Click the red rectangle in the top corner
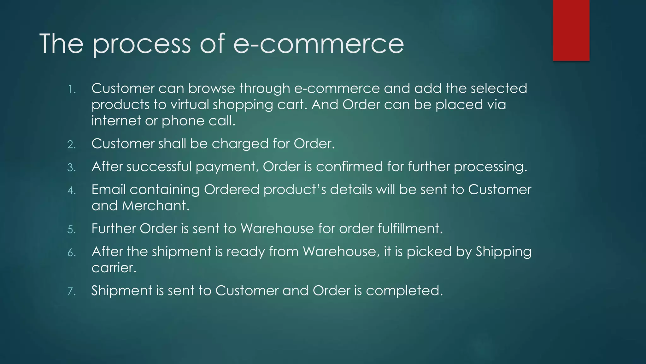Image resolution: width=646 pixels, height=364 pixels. [x=571, y=30]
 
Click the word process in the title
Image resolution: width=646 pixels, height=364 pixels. [x=142, y=44]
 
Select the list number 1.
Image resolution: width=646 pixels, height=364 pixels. [x=72, y=90]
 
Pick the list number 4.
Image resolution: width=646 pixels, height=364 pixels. [x=72, y=191]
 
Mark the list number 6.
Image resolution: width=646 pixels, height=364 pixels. [x=72, y=253]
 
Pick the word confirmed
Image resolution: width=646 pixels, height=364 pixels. [x=349, y=167]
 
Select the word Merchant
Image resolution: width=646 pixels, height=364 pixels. [x=156, y=206]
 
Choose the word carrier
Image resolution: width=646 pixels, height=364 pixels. [x=114, y=268]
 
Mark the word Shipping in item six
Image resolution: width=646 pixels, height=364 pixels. [x=503, y=252]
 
